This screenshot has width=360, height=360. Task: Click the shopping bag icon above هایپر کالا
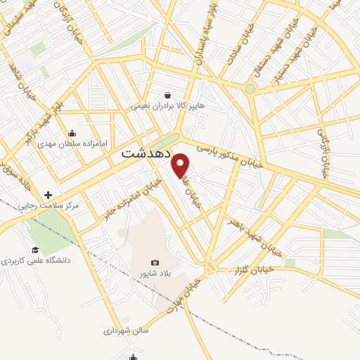(167, 95)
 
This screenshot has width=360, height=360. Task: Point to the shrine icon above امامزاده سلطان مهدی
(72, 133)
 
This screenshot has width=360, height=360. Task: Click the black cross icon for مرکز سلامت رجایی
(48, 194)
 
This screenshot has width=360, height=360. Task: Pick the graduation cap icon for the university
(34, 250)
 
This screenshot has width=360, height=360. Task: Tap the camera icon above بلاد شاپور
(155, 262)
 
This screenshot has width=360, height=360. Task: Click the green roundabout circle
(250, 89)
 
